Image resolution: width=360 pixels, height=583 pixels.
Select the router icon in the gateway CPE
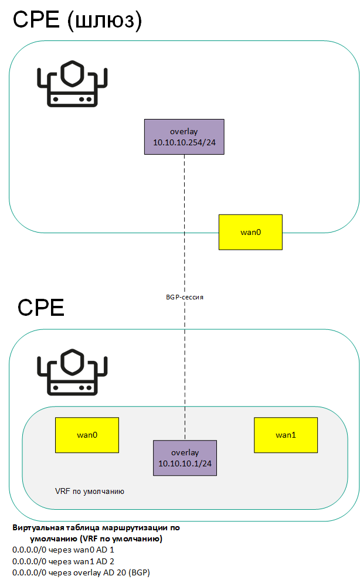coord(72,85)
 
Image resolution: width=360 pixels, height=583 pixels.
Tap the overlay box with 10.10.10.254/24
coord(184,137)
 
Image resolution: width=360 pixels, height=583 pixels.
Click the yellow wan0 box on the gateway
coord(250,232)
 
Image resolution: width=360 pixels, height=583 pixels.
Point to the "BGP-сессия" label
coord(184,297)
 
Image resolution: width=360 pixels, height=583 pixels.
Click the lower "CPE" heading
coord(41,308)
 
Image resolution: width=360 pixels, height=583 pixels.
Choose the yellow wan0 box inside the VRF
coord(87,435)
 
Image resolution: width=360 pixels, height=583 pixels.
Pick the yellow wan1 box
coord(286,435)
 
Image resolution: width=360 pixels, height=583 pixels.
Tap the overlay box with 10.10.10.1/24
coord(184,458)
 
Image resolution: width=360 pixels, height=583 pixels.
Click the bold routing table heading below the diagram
coord(96,533)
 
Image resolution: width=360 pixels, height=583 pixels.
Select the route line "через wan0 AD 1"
coord(63,551)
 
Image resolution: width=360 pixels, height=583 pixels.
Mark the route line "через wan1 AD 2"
coord(63,561)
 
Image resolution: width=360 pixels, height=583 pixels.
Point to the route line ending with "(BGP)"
coord(81,572)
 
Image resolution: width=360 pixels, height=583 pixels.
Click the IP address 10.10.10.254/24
coord(184,142)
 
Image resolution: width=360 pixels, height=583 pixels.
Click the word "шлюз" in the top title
coord(104,21)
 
